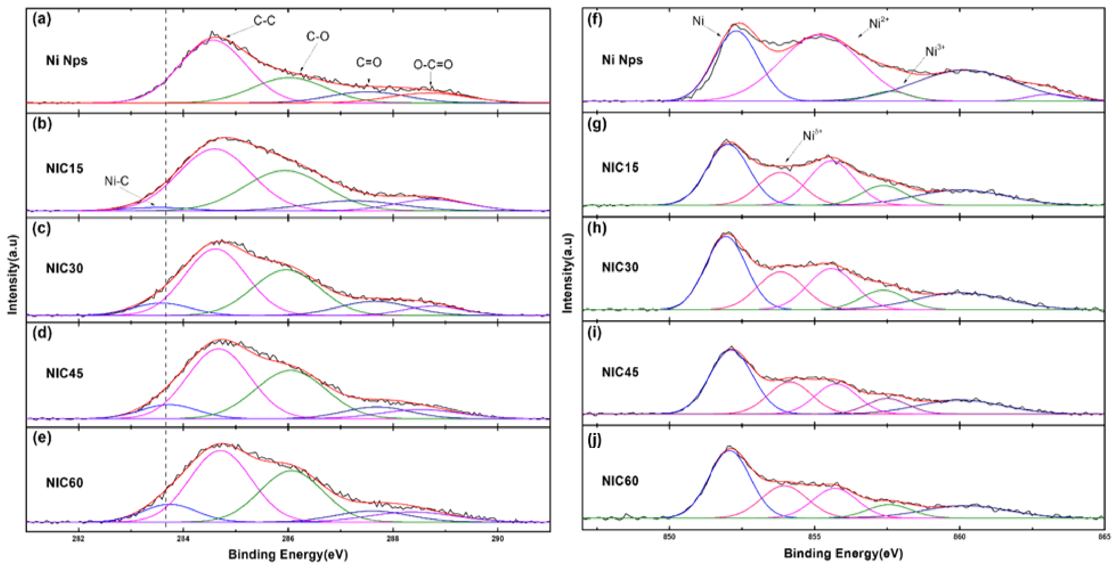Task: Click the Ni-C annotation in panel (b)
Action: (116, 181)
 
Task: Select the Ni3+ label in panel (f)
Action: (935, 51)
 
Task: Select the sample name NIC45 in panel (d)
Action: (64, 373)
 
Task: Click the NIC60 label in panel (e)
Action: (64, 483)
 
